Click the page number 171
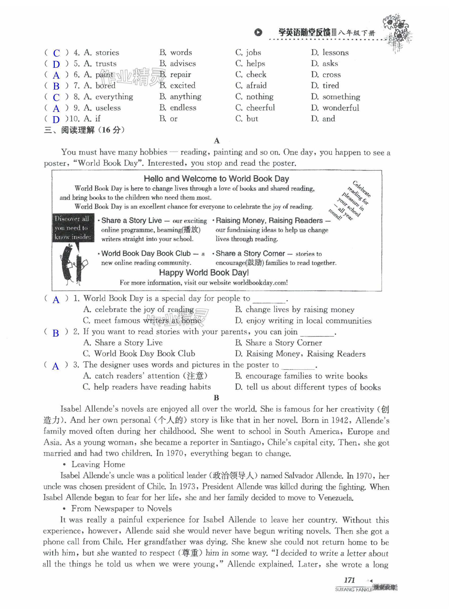tap(349, 580)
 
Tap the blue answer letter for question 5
tap(56, 64)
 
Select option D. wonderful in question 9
tap(335, 108)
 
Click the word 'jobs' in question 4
tap(253, 52)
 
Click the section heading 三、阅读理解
tap(84, 130)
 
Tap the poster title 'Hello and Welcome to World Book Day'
tap(216, 179)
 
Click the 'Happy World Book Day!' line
tap(204, 273)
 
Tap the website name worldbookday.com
tap(259, 283)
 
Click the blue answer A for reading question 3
tap(56, 366)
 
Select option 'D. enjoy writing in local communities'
tap(303, 321)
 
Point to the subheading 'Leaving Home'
tap(98, 464)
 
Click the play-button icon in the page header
tap(258, 33)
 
